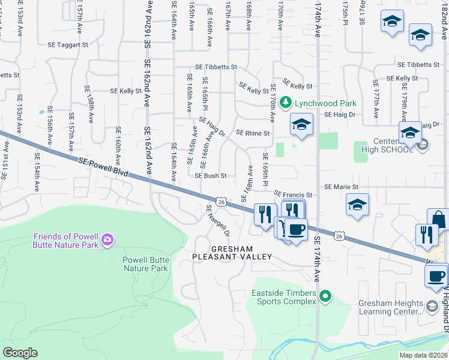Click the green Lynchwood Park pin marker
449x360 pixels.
tap(286, 103)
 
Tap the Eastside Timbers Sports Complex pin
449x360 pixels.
tap(325, 296)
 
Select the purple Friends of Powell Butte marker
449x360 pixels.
tap(107, 240)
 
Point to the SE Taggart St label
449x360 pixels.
tap(68, 44)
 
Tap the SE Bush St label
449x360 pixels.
tap(210, 176)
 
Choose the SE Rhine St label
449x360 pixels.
tap(253, 133)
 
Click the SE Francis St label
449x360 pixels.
tap(294, 195)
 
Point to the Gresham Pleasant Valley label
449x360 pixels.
tap(231, 253)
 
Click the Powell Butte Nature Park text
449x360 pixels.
tap(145, 264)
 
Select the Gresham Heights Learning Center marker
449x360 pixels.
tap(432, 307)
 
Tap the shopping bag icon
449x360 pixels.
tap(438, 219)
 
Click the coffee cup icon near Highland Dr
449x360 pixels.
tap(435, 275)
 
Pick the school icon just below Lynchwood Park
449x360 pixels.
tap(302, 125)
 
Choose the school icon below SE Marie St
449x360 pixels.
tap(357, 205)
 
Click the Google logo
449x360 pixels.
tap(20, 352)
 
